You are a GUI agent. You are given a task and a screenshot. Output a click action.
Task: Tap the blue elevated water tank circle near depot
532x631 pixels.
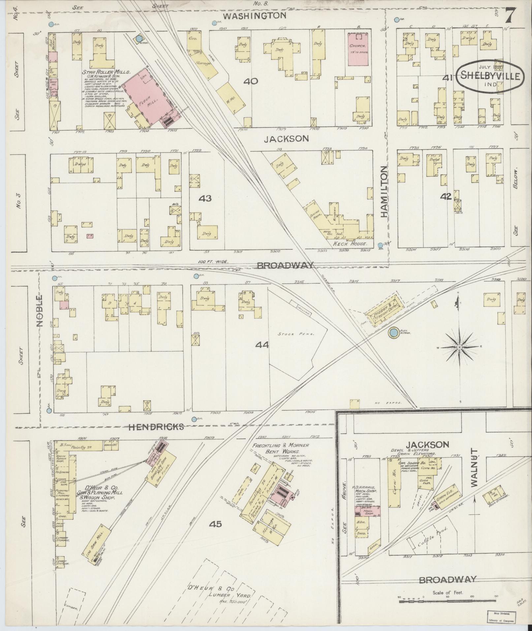pos(393,333)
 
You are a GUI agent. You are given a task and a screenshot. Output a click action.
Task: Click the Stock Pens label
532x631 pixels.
pos(296,333)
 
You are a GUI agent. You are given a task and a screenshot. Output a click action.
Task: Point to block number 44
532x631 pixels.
pos(262,345)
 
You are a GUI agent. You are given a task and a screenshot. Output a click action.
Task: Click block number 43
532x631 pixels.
pos(205,199)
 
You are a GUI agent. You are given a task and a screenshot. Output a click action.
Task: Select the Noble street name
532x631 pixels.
pos(40,310)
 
